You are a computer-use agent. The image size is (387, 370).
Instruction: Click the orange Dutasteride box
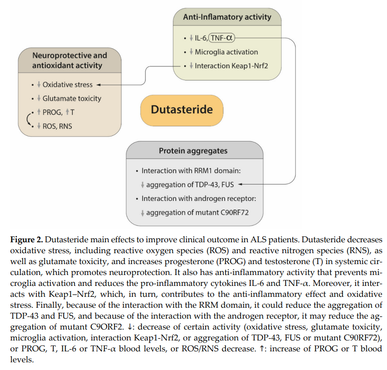pos(181,110)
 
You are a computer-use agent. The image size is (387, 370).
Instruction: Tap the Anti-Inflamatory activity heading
pos(227,17)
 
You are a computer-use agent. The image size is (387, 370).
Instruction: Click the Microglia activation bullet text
pos(226,52)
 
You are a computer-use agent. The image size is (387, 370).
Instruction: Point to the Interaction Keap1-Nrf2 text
pos(231,66)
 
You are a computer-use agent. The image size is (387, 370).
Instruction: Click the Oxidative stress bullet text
pos(67,85)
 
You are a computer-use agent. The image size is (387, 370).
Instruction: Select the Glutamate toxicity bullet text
pos(72,98)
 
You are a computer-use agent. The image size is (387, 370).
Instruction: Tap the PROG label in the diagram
pos(52,112)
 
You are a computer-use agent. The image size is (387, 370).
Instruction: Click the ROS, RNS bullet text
pos(57,126)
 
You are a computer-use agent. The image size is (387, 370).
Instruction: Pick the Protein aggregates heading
pos(193,151)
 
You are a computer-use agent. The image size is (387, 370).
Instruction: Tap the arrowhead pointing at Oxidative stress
pos(99,85)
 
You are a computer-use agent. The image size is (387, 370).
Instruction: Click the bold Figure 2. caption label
pos(26,240)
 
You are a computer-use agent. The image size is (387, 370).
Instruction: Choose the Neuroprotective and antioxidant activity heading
pos(70,60)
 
